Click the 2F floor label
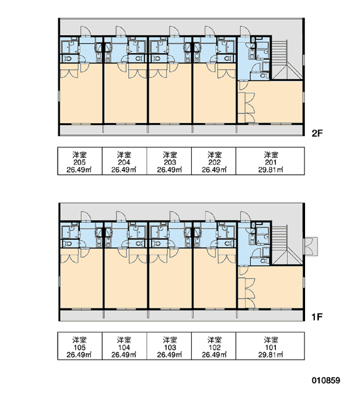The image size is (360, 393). tap(317, 134)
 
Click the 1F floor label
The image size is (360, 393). tap(317, 317)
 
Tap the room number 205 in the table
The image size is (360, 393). tap(79, 162)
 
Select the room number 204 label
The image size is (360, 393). tap(124, 162)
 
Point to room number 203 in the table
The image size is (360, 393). tap(170, 162)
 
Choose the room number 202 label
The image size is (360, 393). tap(215, 162)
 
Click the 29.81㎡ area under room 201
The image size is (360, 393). tap(270, 170)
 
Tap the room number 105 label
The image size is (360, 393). tap(79, 348)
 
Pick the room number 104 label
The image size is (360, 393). tap(124, 348)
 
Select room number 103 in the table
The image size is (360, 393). tap(170, 348)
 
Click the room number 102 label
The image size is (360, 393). tap(215, 348)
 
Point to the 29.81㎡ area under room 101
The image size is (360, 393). tap(270, 355)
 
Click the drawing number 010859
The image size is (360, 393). tap(326, 381)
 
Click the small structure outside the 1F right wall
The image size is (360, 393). tap(311, 246)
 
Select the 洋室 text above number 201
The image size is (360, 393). tap(271, 155)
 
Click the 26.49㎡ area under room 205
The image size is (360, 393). tap(79, 170)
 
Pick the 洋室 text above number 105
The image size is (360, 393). tap(79, 340)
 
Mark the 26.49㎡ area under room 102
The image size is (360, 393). tap(215, 355)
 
